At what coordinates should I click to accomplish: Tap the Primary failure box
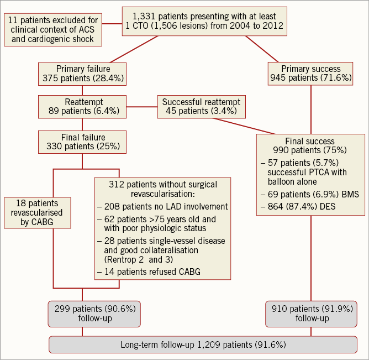(x=82, y=74)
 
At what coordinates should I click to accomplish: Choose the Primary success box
(x=310, y=74)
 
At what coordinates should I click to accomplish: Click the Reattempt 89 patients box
(x=82, y=106)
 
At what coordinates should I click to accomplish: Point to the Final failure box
(x=82, y=142)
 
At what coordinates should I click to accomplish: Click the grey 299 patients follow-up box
(x=95, y=312)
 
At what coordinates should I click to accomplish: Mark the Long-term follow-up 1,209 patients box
(x=203, y=345)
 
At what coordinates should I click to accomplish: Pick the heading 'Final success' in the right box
(x=310, y=141)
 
